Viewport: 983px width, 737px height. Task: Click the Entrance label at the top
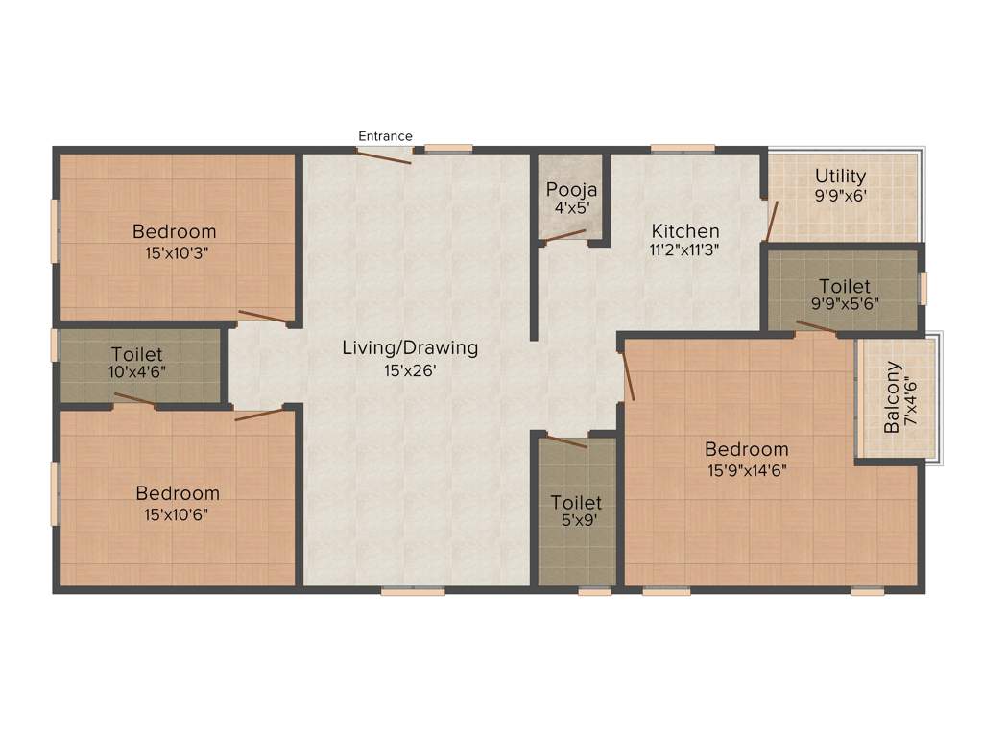point(385,136)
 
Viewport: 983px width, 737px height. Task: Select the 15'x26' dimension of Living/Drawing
point(410,370)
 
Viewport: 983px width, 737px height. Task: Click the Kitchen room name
point(685,231)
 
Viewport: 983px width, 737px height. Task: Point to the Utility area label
point(840,177)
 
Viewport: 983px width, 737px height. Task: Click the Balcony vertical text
point(893,396)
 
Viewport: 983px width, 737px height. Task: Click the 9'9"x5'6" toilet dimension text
point(845,306)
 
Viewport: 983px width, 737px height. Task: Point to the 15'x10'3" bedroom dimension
point(175,252)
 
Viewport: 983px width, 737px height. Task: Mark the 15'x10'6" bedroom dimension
point(177,514)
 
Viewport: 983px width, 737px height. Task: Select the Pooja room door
point(564,236)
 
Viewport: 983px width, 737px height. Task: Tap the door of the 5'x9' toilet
point(567,442)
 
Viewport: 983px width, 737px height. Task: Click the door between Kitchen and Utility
point(771,221)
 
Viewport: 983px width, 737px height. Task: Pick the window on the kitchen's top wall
point(683,148)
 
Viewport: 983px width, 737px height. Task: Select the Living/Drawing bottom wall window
point(413,592)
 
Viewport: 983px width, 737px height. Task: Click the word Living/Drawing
point(410,347)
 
